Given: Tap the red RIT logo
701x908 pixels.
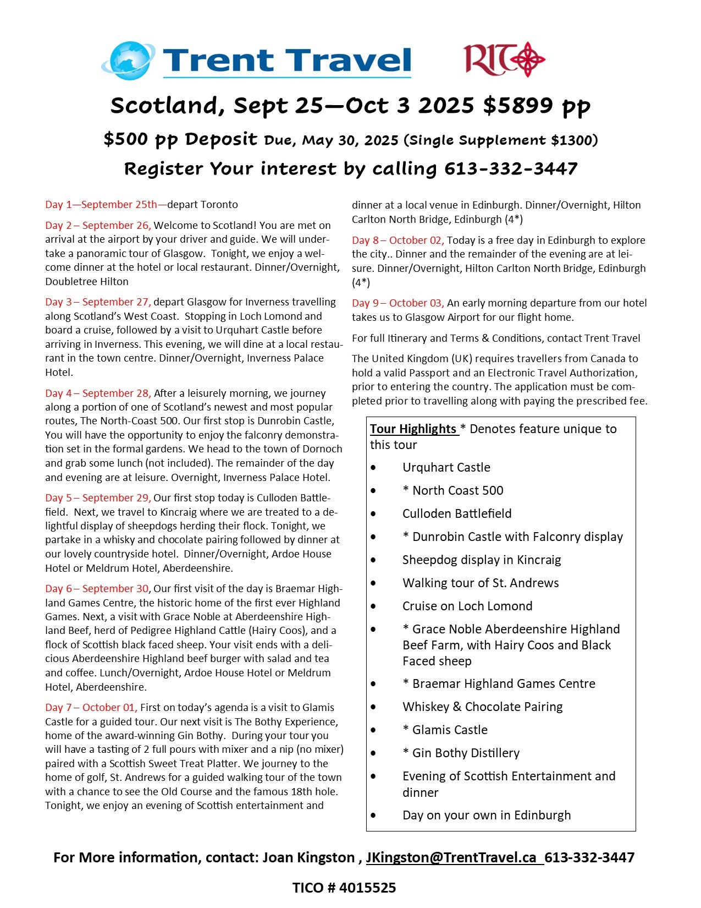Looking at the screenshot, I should click(504, 58).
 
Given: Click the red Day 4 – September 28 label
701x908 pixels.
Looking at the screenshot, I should click(98, 393).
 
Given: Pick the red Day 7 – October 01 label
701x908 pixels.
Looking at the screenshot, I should click(91, 707).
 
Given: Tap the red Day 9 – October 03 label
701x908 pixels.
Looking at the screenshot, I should click(398, 303).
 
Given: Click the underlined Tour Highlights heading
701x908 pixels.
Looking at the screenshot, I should click(413, 429).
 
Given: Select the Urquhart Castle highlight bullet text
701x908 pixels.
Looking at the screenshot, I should click(446, 467).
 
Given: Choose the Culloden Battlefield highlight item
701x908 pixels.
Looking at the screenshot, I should click(457, 513).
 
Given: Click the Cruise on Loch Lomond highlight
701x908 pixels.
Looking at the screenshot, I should click(467, 606).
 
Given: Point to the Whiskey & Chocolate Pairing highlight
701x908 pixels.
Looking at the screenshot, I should click(482, 707).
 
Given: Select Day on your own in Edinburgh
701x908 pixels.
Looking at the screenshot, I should click(487, 815).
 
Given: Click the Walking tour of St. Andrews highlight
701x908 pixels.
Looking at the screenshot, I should click(481, 583).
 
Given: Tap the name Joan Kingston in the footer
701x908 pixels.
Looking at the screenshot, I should click(308, 857).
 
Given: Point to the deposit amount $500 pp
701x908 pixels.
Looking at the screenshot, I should click(141, 139).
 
